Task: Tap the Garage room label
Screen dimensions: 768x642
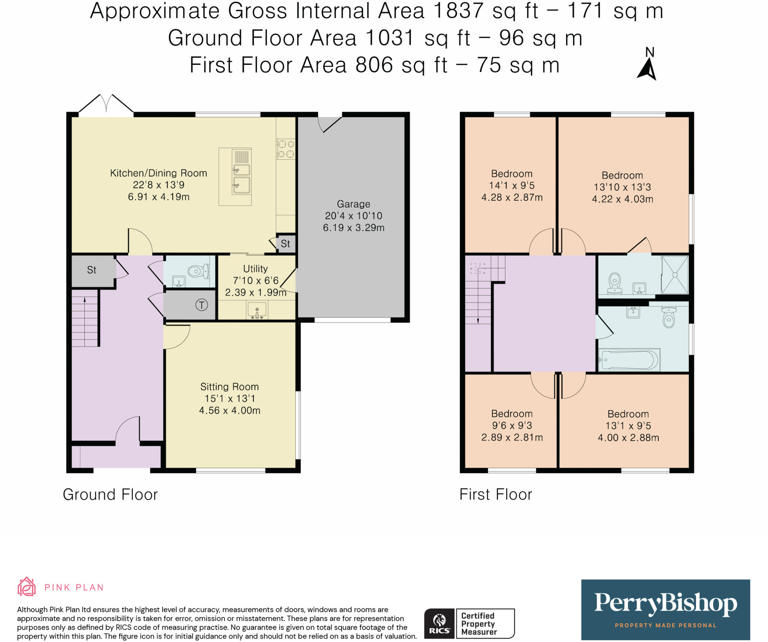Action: pyautogui.click(x=354, y=204)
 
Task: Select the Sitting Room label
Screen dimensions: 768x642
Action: pyautogui.click(x=229, y=386)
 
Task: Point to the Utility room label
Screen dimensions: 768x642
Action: pyautogui.click(x=255, y=269)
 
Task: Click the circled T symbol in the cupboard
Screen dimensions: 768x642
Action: pyautogui.click(x=202, y=305)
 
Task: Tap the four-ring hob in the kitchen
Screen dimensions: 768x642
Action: pyautogui.click(x=286, y=149)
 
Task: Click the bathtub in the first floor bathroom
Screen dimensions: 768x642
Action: pyautogui.click(x=629, y=360)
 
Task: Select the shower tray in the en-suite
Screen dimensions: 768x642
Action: pyautogui.click(x=675, y=275)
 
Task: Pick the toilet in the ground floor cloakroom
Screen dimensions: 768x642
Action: pyautogui.click(x=198, y=271)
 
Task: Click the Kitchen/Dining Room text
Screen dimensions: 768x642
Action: pyautogui.click(x=159, y=173)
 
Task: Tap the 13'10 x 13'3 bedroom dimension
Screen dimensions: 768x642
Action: pyautogui.click(x=622, y=187)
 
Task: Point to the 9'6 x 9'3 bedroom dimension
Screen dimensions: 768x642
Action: pyautogui.click(x=512, y=425)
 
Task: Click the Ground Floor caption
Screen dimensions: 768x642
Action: pyautogui.click(x=110, y=494)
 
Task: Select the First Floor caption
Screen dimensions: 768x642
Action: pyautogui.click(x=496, y=494)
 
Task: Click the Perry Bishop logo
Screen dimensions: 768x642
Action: pyautogui.click(x=666, y=610)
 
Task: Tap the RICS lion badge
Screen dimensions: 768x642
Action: pyautogui.click(x=439, y=624)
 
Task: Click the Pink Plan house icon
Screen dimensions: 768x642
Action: pyautogui.click(x=27, y=587)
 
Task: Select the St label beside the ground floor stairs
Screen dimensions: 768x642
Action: pyautogui.click(x=91, y=270)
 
